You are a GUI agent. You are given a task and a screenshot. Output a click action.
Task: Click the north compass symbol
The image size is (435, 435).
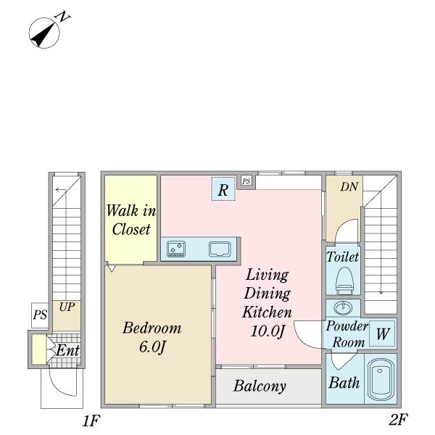(x=44, y=33)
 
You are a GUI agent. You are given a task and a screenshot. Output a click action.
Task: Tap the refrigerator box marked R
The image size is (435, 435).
(x=223, y=189)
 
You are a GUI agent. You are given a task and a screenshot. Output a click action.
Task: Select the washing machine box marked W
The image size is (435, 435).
(x=382, y=333)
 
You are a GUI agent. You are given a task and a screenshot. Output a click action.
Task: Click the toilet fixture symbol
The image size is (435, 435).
(x=344, y=280)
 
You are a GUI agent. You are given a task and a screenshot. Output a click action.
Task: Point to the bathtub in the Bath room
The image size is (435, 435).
(x=381, y=379)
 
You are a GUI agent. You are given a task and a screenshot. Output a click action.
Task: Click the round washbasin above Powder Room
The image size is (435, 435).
(x=343, y=308)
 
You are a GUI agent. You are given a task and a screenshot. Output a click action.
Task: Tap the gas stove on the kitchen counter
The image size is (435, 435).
(x=176, y=249)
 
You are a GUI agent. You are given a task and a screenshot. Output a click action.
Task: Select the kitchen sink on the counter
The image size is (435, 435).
(x=220, y=249)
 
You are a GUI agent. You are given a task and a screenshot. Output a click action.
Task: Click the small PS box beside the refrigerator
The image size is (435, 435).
(x=246, y=181)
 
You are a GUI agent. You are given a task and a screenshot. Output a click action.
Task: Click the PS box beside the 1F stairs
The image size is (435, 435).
(x=40, y=315)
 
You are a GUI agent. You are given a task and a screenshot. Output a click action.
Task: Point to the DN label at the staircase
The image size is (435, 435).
(x=349, y=187)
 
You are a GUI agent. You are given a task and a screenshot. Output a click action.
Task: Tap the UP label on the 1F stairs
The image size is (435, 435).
(x=67, y=307)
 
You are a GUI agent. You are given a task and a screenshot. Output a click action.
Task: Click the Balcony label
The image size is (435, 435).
(x=260, y=386)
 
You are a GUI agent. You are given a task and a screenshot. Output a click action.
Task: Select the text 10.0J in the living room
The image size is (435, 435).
(x=268, y=331)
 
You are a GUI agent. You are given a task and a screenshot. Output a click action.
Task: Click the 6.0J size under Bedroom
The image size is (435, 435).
(x=152, y=347)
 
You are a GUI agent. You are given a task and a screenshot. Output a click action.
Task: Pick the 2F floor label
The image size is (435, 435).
(x=398, y=420)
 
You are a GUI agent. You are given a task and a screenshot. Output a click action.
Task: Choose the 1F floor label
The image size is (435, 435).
(x=91, y=420)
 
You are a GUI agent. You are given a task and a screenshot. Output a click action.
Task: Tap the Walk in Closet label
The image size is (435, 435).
(x=131, y=220)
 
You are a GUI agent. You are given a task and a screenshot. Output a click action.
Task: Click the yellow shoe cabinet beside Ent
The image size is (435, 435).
(x=39, y=349)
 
